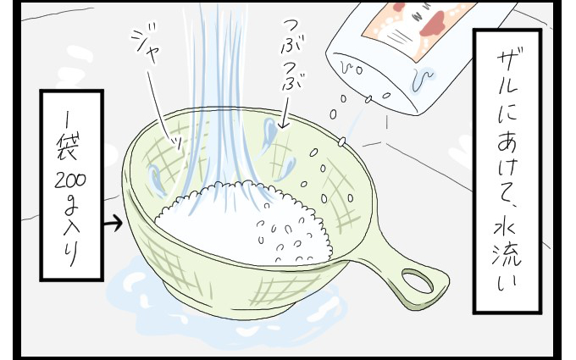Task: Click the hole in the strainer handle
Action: point(418,280)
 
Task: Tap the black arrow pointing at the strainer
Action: point(113,223)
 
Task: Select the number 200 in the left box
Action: point(70,180)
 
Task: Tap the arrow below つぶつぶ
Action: point(283,112)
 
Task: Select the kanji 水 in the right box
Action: point(507,232)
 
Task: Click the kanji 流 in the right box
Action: point(507,258)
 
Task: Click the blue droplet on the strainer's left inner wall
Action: point(155,180)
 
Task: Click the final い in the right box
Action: point(507,282)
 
